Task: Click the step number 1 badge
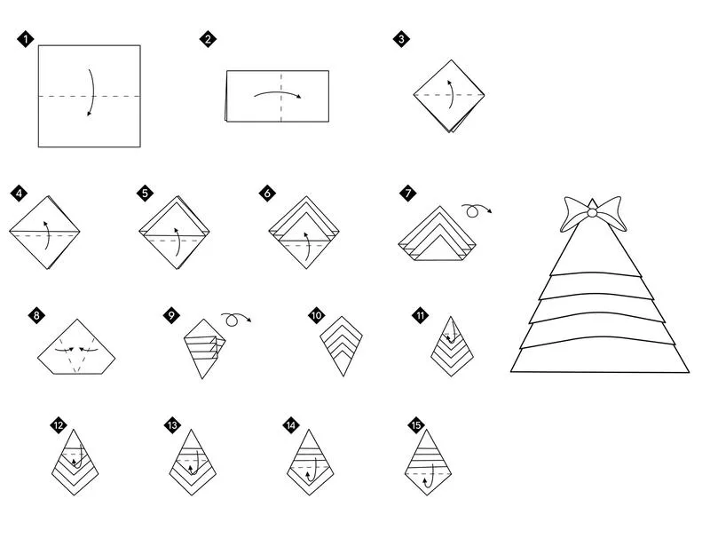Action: click(x=25, y=39)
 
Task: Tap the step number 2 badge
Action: click(x=208, y=39)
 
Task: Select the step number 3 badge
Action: click(x=402, y=39)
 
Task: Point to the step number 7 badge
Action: click(x=407, y=193)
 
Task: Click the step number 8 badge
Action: click(x=35, y=315)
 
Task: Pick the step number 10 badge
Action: click(x=317, y=315)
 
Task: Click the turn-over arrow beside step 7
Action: click(x=476, y=210)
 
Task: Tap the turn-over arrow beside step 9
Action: click(x=235, y=318)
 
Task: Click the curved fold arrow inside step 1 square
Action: click(x=91, y=92)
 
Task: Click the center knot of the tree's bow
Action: click(x=592, y=213)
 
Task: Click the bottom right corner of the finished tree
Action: click(x=687, y=371)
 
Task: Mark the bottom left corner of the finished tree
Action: click(x=513, y=370)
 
